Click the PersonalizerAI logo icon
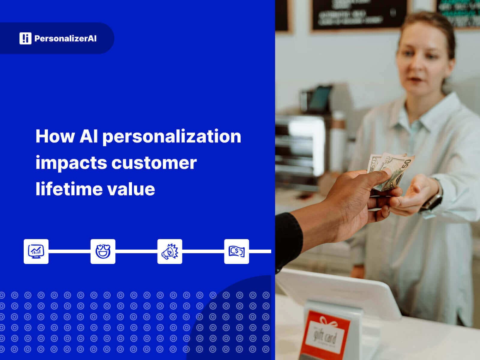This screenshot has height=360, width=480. point(25,38)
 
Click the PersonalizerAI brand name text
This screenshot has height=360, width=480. point(65,38)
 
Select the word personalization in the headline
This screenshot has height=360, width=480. point(172,137)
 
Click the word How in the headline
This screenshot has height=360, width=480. point(55,136)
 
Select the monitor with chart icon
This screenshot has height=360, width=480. point(36,251)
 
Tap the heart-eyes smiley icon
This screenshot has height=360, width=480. point(103,251)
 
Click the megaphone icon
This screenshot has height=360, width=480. point(170,251)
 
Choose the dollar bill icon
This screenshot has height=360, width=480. point(236,251)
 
